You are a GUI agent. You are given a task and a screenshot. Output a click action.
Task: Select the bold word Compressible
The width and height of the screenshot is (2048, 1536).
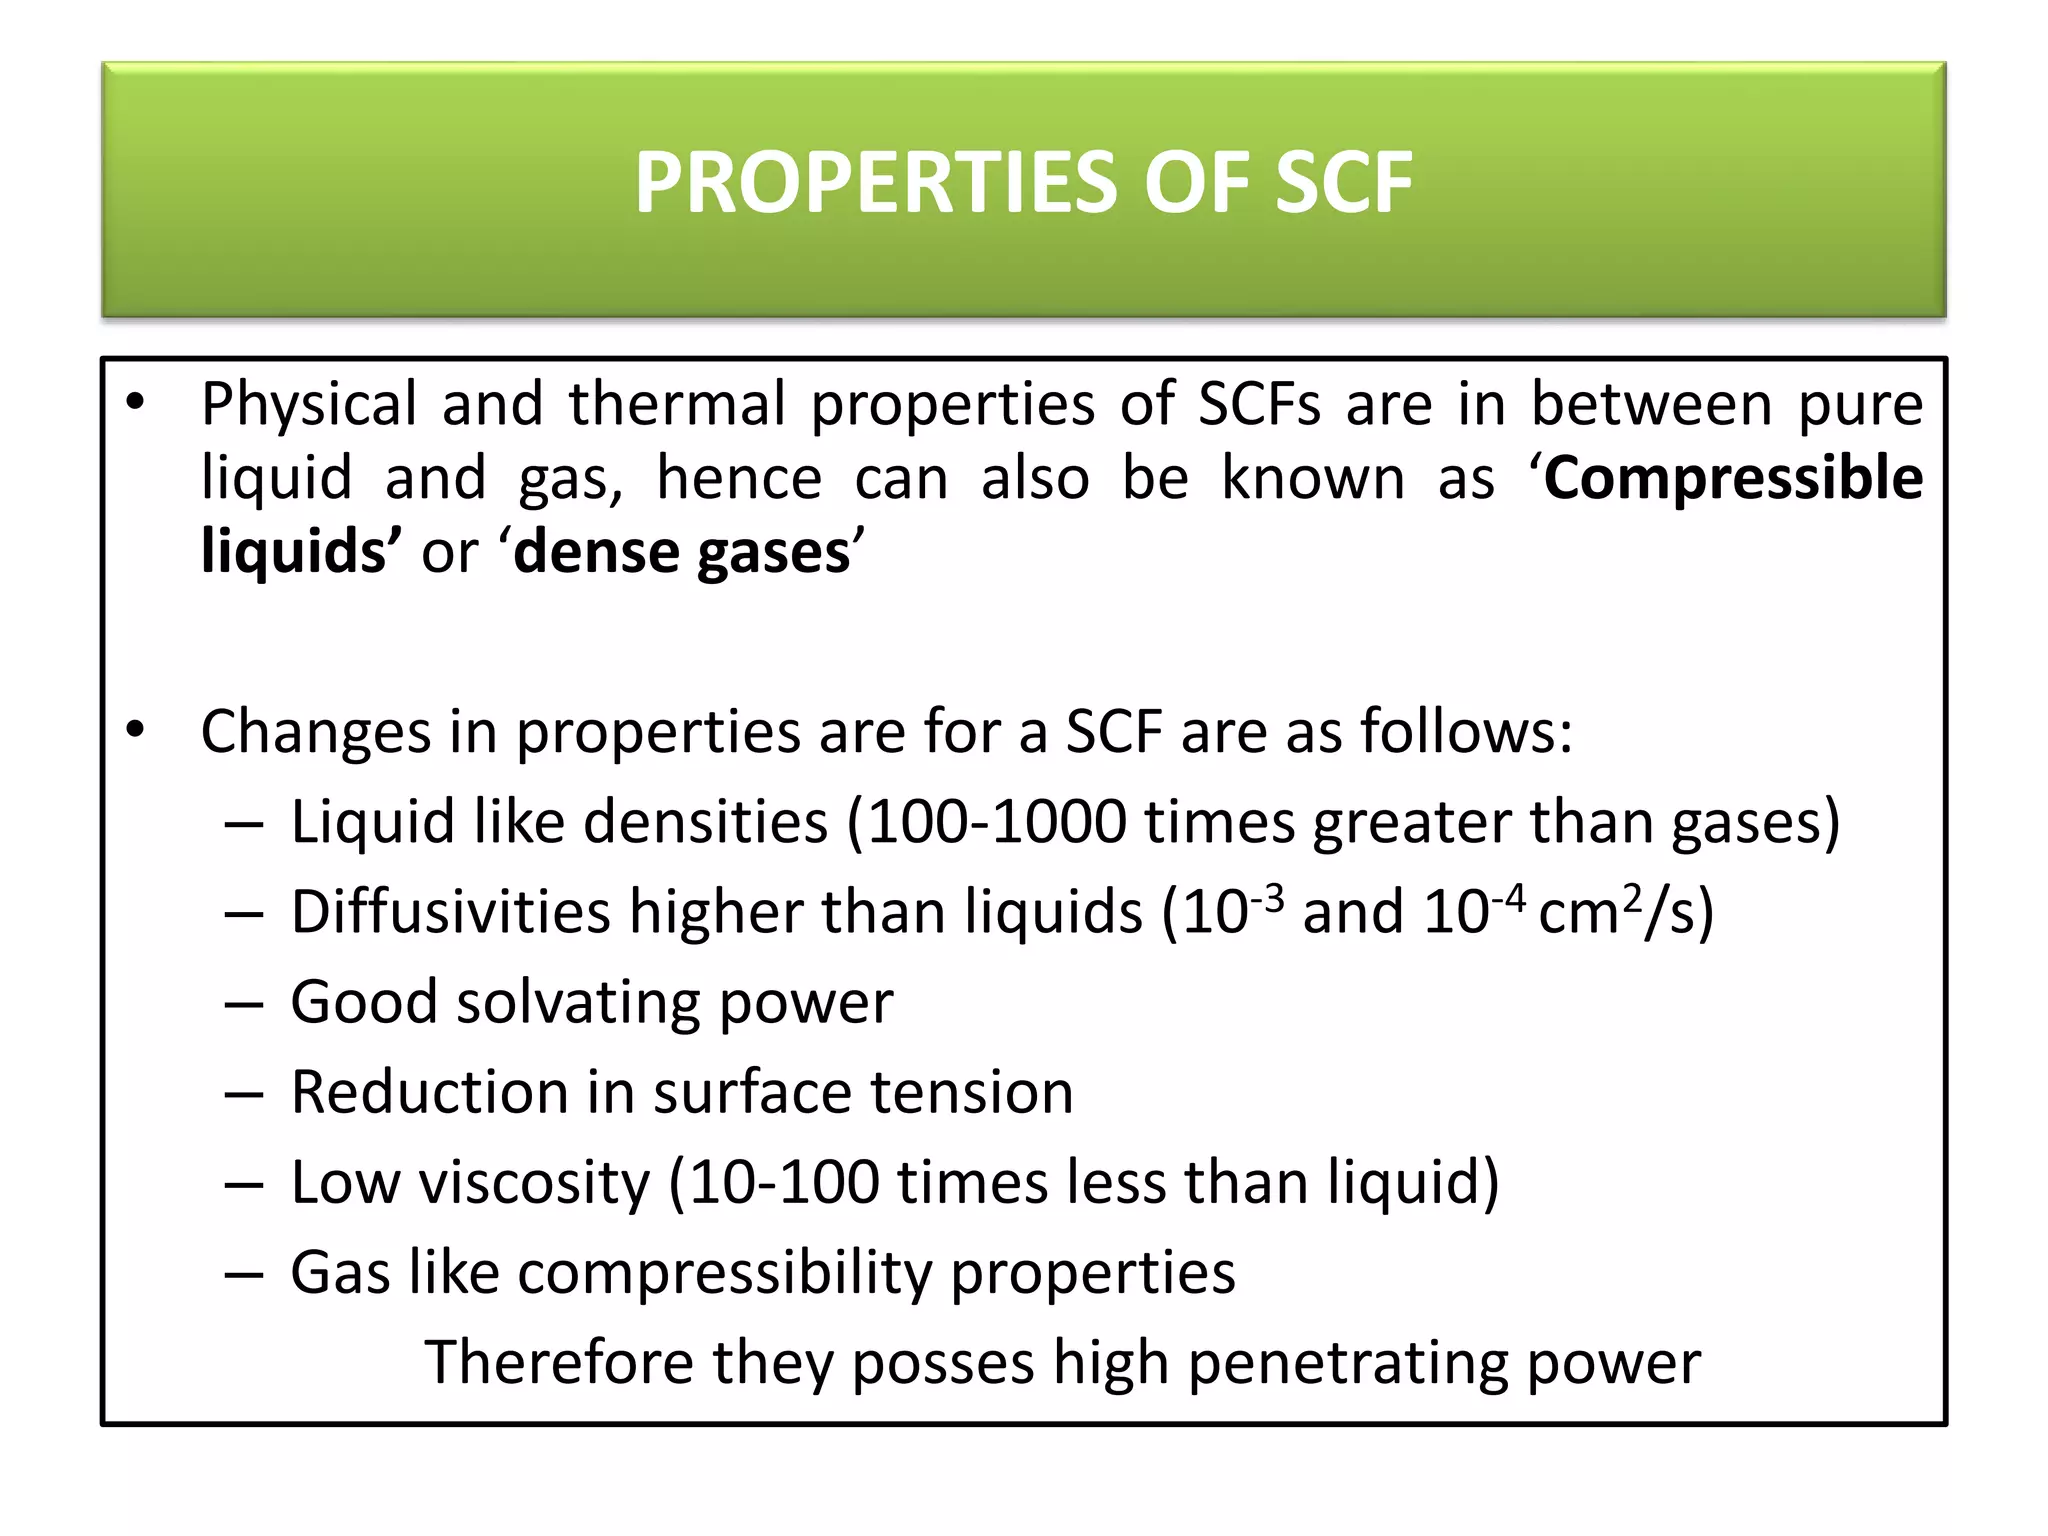(1733, 478)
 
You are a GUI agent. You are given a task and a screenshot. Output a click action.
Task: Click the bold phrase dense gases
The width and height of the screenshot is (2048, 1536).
(681, 552)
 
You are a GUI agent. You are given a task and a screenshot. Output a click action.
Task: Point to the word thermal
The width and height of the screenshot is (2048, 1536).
(677, 404)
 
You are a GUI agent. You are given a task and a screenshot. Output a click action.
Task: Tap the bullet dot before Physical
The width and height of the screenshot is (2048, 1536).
(136, 403)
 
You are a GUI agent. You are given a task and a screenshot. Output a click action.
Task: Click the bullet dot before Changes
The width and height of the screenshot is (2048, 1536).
(136, 730)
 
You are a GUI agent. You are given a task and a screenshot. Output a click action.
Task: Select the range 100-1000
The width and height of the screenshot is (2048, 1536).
(996, 822)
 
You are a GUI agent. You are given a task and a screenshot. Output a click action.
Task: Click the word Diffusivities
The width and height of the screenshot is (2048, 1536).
(450, 912)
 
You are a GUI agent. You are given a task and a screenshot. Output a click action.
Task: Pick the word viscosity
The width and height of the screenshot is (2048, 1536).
(534, 1182)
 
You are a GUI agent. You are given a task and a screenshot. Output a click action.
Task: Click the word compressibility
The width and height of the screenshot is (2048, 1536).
(724, 1273)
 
